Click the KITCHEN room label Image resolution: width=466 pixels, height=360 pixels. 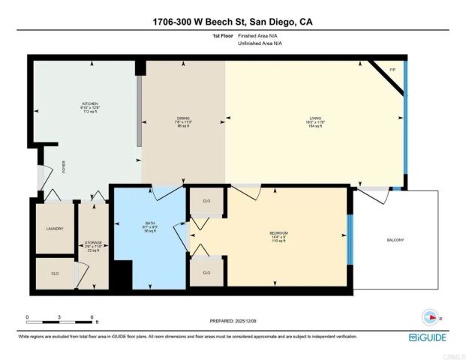[90, 103]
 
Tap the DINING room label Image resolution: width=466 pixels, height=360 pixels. [183, 118]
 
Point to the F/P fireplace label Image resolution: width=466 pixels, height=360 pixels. [392, 70]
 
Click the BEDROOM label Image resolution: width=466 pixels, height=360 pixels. [278, 233]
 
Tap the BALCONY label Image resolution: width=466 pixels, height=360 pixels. [395, 240]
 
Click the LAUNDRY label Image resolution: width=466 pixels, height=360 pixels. [55, 229]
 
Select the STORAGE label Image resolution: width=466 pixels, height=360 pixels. [93, 243]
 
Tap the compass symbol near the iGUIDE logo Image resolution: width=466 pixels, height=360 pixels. [431, 315]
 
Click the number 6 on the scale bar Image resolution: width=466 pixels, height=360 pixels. [92, 317]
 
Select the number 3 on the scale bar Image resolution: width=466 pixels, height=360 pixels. [59, 317]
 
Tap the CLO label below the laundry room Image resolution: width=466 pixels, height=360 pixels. [55, 274]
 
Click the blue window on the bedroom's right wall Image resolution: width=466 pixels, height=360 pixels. [349, 238]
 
